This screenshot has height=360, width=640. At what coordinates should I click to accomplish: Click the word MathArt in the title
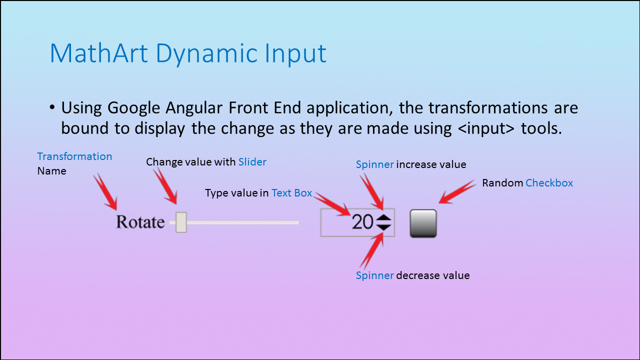pos(99,53)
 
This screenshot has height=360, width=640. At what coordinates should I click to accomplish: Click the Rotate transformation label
pos(140,222)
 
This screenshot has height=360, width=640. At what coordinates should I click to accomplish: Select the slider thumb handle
pos(181,222)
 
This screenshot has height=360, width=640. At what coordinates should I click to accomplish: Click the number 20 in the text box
pos(362,222)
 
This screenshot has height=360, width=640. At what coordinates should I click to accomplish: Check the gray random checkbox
pos(423,223)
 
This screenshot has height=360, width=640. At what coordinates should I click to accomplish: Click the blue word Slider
pos(252,162)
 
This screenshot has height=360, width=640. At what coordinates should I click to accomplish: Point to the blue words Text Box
pos(291,193)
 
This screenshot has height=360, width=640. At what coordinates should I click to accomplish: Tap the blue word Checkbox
pos(549,183)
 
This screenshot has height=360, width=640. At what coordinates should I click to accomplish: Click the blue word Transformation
pos(74,156)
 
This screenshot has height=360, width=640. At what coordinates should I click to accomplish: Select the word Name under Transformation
pos(51,171)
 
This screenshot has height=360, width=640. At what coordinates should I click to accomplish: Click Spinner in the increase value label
pos(375,164)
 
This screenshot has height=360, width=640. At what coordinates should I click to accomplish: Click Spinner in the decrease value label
pos(375,275)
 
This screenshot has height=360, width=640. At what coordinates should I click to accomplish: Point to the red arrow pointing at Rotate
pos(105,191)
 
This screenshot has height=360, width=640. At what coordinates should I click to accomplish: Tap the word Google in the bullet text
pos(133,108)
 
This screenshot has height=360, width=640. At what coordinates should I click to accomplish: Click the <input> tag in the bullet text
pos(486,128)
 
